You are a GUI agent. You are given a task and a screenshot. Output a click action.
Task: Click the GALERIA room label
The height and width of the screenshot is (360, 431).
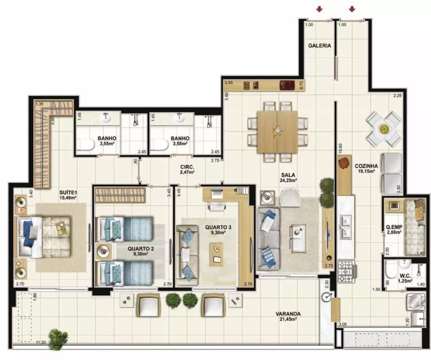pos(319,45)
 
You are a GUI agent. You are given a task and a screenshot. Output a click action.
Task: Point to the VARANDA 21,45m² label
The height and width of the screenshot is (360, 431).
pos(288,316)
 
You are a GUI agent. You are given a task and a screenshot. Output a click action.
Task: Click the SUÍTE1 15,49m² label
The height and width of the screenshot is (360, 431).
pos(68,195)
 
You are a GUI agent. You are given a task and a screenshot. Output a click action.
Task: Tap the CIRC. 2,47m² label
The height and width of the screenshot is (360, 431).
pos(187,169)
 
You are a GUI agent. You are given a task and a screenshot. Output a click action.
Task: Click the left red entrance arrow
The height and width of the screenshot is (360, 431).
pos(319,9)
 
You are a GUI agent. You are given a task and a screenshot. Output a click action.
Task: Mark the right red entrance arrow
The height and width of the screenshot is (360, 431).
pos(352,9)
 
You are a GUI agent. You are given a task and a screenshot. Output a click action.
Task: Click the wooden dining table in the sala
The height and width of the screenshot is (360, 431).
pos(277,131)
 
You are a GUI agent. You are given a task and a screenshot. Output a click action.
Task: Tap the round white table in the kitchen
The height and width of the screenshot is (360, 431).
pos(384,129)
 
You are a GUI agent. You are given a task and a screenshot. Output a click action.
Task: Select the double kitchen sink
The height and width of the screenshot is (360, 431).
pos(346,227)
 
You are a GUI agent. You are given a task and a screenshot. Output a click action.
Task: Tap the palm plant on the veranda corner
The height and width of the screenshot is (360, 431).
pos(57,338)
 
